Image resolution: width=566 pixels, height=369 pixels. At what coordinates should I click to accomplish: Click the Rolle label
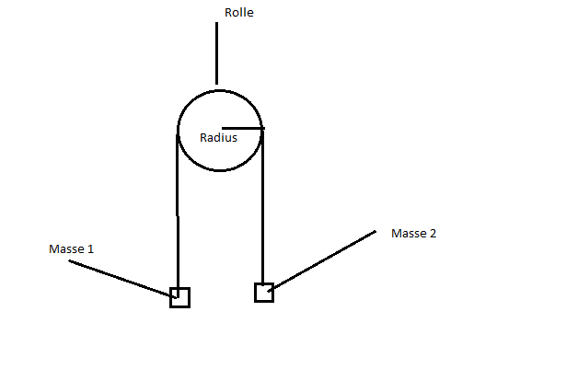click(x=239, y=13)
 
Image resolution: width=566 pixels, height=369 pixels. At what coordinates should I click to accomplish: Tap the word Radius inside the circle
click(x=218, y=137)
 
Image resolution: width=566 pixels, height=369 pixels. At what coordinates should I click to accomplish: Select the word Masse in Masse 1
click(x=65, y=249)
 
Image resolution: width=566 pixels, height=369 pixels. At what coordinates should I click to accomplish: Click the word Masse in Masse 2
click(x=408, y=234)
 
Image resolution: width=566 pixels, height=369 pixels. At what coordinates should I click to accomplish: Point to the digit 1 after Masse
click(x=90, y=249)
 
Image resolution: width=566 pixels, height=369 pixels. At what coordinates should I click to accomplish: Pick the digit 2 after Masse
click(x=433, y=234)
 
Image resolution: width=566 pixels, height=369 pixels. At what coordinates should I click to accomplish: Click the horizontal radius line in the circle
click(x=243, y=128)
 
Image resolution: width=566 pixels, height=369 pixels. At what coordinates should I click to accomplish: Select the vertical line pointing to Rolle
click(x=216, y=53)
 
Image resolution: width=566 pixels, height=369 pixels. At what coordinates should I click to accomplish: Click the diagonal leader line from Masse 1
click(x=122, y=279)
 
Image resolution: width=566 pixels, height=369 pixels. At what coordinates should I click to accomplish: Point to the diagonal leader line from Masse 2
click(x=321, y=260)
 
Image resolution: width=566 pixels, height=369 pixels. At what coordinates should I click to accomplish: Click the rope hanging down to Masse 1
click(x=178, y=212)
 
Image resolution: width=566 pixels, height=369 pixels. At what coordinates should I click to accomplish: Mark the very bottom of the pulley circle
click(x=219, y=170)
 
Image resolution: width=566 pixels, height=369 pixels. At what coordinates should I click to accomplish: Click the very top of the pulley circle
click(x=219, y=90)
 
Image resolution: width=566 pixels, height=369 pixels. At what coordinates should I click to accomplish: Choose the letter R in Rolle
click(x=228, y=13)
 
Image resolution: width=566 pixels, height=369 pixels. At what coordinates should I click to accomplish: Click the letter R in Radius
click(x=203, y=137)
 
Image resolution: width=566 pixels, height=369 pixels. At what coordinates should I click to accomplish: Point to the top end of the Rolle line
click(x=216, y=23)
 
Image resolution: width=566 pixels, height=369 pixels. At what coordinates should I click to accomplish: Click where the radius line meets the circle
click(x=261, y=128)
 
